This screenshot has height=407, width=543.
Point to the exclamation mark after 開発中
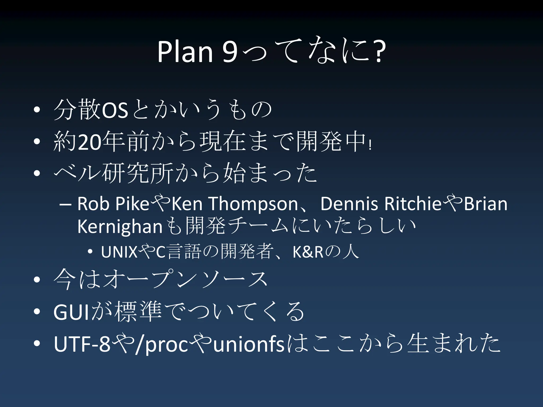tap(370, 145)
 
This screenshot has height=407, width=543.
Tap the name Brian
tap(485, 204)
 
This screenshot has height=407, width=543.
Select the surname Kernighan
tap(120, 227)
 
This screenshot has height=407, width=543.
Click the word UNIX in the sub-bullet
tap(119, 252)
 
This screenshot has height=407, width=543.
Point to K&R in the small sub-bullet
tap(308, 252)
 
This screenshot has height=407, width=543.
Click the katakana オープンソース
tap(186, 280)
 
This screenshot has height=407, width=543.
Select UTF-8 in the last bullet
tap(82, 344)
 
